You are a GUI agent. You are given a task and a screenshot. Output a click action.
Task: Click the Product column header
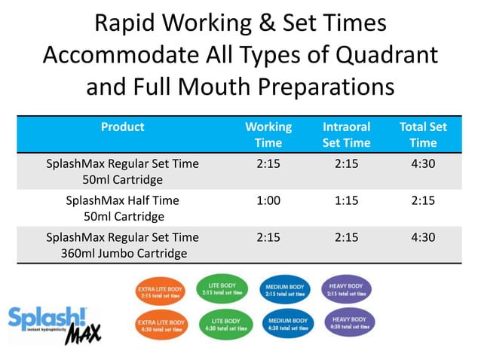122,127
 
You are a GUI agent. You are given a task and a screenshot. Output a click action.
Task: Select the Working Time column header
268,135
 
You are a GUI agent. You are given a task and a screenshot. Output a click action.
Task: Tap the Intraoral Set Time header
346,135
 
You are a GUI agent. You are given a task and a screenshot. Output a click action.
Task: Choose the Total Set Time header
423,135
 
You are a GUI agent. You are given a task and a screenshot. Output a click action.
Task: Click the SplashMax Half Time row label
123,209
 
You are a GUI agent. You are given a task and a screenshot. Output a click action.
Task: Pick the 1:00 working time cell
268,201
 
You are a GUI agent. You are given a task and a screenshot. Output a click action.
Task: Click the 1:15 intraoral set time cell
346,201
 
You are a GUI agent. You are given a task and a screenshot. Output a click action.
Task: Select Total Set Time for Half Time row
423,201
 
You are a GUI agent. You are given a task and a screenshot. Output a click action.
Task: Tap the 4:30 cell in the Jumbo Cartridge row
423,237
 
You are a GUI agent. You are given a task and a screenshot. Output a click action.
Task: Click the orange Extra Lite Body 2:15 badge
159,291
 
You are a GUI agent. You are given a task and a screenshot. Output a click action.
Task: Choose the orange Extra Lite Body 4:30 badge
160,325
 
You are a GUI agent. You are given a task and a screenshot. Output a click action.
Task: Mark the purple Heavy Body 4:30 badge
348,323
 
